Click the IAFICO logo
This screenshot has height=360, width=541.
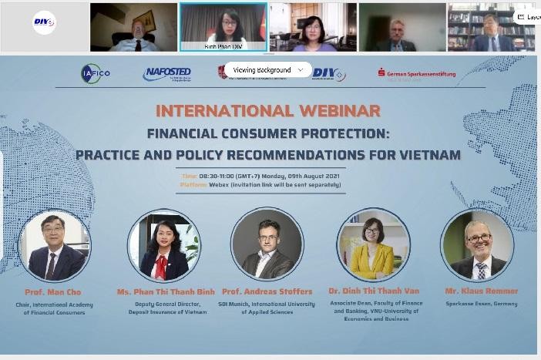point(90,74)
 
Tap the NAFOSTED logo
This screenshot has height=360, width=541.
point(166,74)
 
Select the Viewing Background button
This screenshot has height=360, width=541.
point(262,69)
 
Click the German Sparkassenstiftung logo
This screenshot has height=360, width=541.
point(416,74)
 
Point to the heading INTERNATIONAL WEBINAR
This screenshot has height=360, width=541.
point(268,112)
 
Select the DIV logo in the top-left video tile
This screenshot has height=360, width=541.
point(44,23)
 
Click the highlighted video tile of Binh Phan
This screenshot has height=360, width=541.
point(223,25)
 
